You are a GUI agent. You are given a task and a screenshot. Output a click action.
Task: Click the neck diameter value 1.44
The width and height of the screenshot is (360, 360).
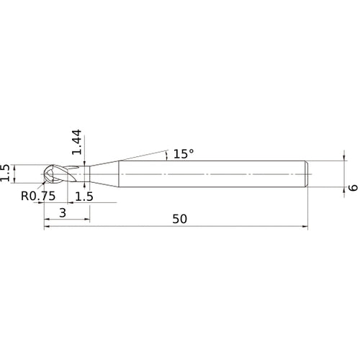(x=77, y=145)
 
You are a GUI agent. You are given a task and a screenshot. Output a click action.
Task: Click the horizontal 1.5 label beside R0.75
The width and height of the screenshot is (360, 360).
(x=84, y=196)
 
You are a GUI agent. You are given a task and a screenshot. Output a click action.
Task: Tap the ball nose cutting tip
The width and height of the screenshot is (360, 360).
(x=53, y=174)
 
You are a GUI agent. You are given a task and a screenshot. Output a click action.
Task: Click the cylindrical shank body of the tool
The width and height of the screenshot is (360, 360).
(x=216, y=174)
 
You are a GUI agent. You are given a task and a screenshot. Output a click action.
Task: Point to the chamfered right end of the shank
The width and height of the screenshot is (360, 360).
(x=307, y=174)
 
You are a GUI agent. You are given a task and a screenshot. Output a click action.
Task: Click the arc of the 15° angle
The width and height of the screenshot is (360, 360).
(x=166, y=154)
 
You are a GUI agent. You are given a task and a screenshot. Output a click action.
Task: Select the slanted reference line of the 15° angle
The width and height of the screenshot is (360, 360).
(x=140, y=155)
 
